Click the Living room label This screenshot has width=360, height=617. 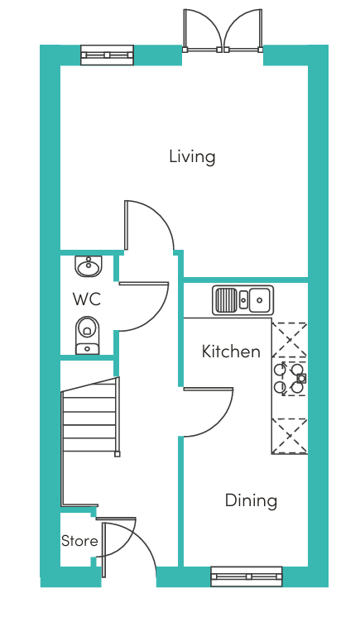[192, 156]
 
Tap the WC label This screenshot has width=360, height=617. [87, 299]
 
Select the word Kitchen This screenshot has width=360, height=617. [231, 351]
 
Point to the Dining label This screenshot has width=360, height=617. [251, 500]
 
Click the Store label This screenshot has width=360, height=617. [79, 541]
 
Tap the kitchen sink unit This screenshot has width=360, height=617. [242, 300]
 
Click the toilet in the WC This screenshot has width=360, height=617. [88, 335]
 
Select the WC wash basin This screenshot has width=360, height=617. [89, 266]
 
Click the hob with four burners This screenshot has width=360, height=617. [290, 379]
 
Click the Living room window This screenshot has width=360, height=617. [107, 55]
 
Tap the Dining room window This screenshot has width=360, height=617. [247, 576]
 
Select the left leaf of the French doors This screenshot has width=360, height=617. [203, 31]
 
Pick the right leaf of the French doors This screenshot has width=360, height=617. [243, 31]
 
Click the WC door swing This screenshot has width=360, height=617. [143, 307]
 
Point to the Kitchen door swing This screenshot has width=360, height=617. [209, 413]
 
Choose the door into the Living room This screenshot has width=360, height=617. [149, 225]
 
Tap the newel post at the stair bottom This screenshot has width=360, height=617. [117, 454]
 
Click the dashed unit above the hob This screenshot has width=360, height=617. [290, 340]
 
